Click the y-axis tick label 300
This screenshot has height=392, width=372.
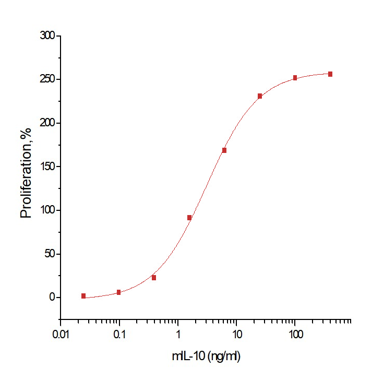(x=47, y=36)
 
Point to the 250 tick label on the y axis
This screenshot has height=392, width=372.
(x=47, y=79)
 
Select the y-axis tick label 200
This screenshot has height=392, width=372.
(x=47, y=123)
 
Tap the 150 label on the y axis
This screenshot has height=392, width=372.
(x=47, y=167)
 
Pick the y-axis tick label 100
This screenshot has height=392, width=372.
(x=47, y=210)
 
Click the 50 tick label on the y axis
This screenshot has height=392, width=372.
(x=50, y=254)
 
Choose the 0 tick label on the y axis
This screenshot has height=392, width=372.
(x=52, y=298)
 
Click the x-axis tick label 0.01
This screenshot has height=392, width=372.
(x=61, y=333)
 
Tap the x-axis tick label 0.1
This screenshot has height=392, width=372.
(x=119, y=333)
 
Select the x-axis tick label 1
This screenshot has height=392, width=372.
(x=178, y=333)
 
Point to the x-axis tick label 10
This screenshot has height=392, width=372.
(x=236, y=333)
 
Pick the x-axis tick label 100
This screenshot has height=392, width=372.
(x=295, y=333)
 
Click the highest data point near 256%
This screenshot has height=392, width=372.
(x=330, y=74)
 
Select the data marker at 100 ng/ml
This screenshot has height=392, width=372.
(x=295, y=78)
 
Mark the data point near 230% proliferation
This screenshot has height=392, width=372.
(x=260, y=96)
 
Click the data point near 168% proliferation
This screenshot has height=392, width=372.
(x=224, y=150)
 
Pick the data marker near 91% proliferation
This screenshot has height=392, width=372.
(x=189, y=218)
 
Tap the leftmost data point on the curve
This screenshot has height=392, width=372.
(x=83, y=296)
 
